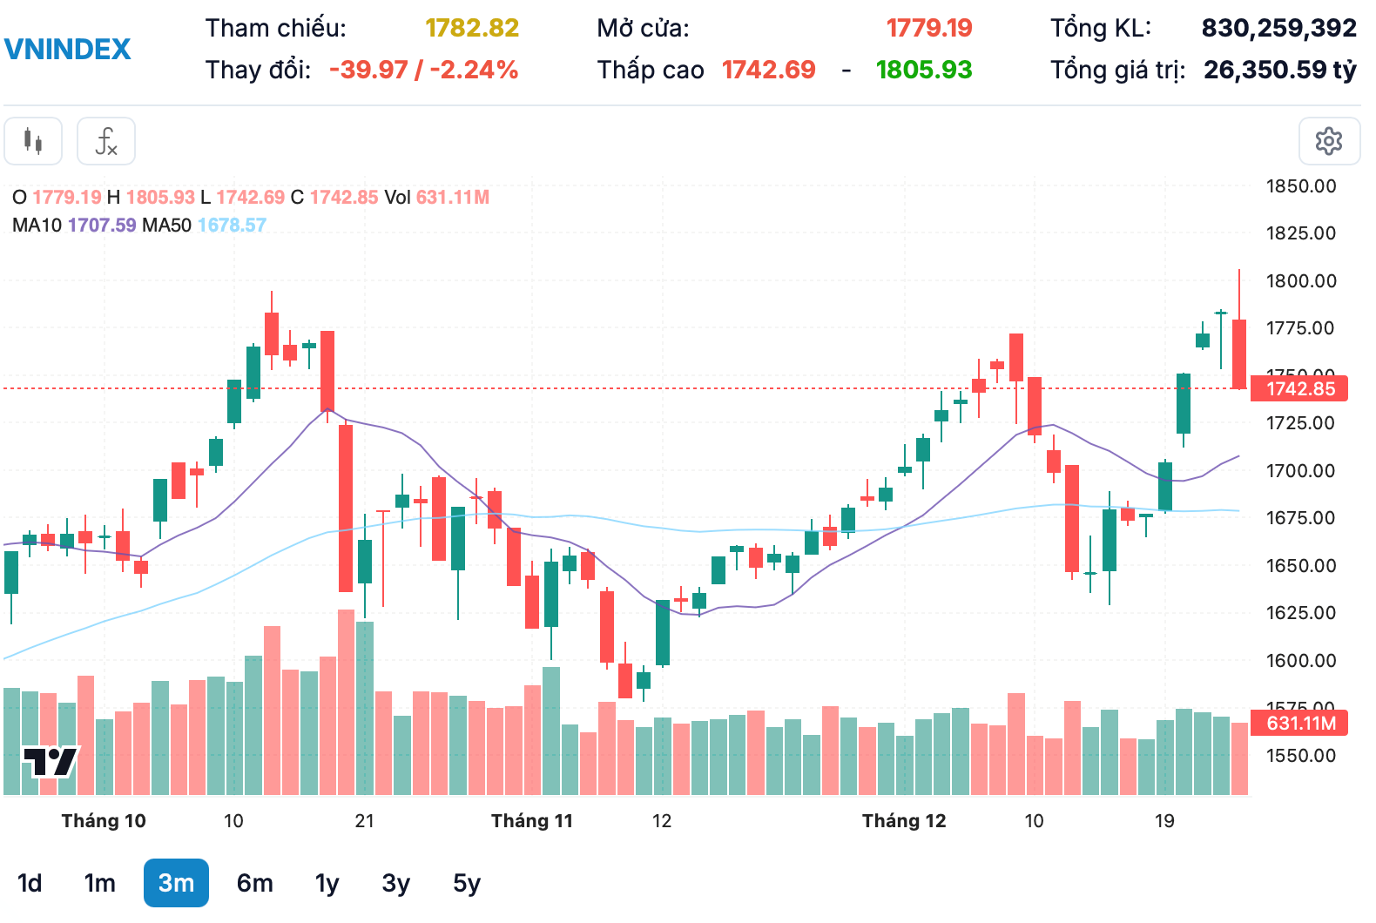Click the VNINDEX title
click(68, 49)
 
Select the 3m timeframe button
click(176, 883)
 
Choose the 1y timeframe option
click(327, 883)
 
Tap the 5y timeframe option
click(466, 883)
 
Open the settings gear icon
click(1328, 141)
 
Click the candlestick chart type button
click(33, 141)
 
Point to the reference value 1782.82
click(472, 28)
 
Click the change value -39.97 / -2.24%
click(423, 70)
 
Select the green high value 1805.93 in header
click(923, 70)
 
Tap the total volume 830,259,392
click(1278, 28)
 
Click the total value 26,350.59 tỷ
click(1279, 70)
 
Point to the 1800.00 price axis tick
click(1300, 280)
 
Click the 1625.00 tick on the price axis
click(1300, 612)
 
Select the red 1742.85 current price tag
click(1298, 388)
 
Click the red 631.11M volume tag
click(1298, 723)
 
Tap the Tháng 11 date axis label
click(531, 820)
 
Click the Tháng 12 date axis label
click(903, 820)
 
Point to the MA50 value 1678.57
click(232, 225)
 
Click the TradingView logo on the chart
click(50, 762)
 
